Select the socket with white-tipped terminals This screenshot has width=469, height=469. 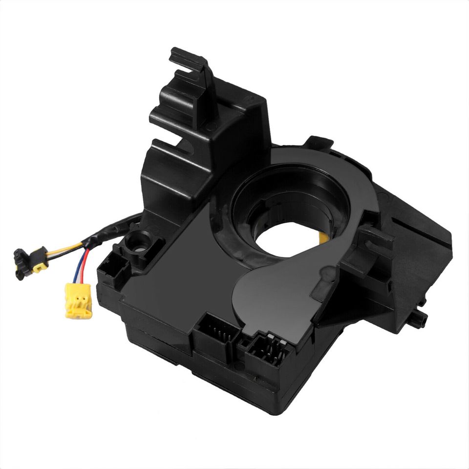tap(266, 350)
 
